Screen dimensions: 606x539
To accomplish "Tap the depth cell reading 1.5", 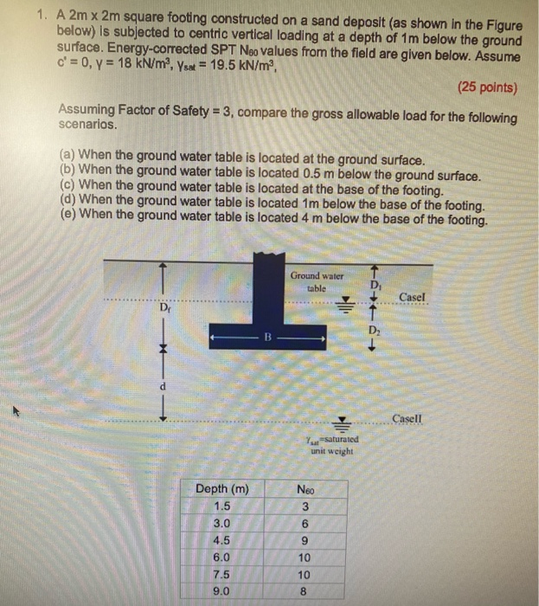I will click(x=222, y=506).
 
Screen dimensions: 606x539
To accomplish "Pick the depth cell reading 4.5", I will click(x=222, y=541).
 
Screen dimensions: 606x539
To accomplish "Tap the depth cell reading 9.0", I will click(x=222, y=592).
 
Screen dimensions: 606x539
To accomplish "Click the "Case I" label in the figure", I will click(x=413, y=297).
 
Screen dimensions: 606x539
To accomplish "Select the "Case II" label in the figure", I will click(x=407, y=419).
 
